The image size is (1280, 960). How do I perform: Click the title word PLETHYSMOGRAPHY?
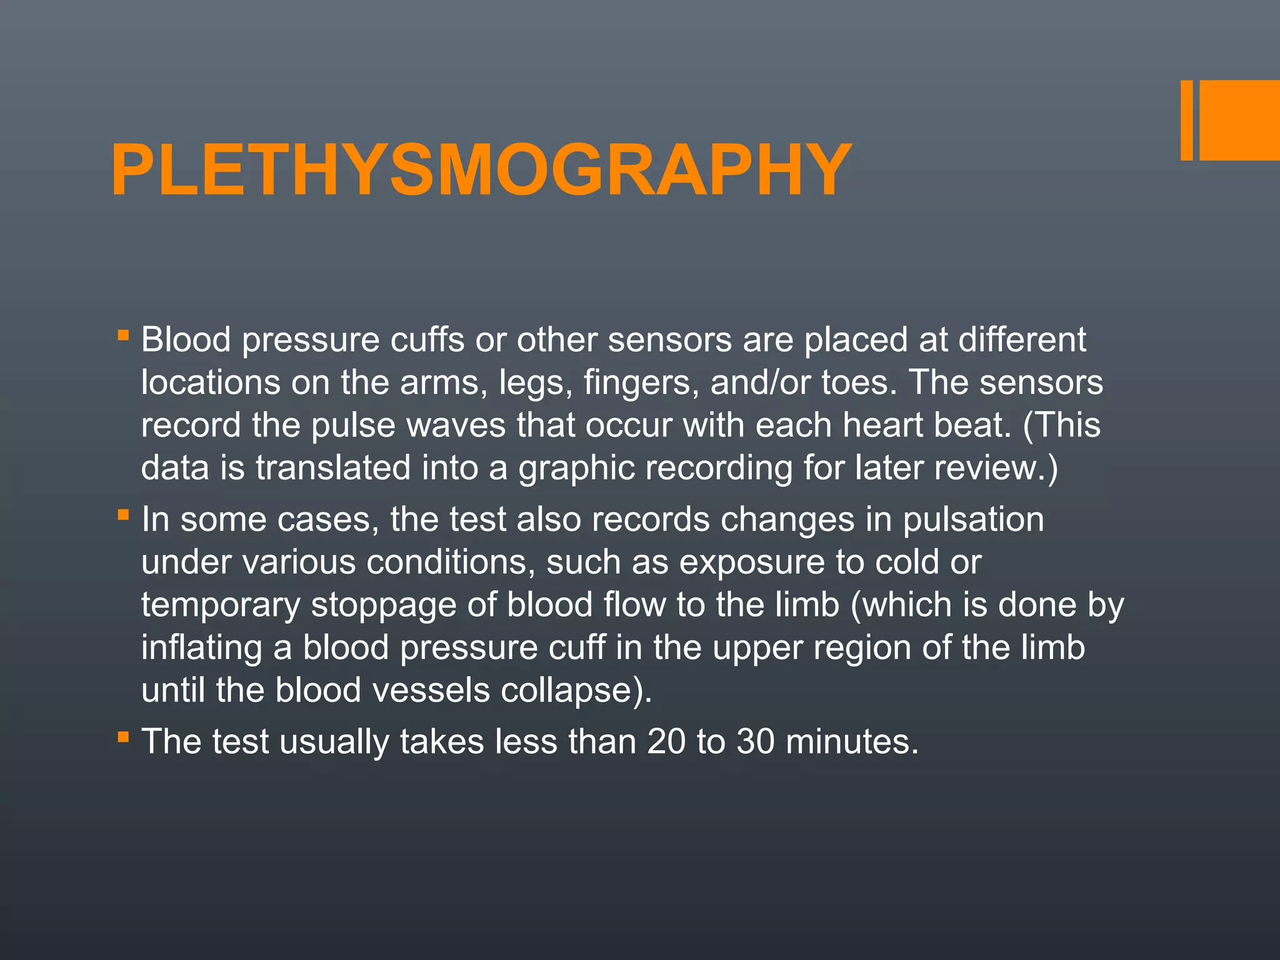coord(481,170)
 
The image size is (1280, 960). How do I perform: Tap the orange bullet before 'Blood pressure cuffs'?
coord(123,336)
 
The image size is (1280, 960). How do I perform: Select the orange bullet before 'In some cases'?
coord(123,516)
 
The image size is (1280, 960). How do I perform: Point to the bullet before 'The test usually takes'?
coord(123,737)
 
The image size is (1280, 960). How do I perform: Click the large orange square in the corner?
coord(1239,120)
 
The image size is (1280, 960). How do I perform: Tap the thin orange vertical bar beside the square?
coord(1186,120)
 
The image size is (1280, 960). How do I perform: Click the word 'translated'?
coord(333,467)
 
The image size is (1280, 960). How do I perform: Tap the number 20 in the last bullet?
coord(666,742)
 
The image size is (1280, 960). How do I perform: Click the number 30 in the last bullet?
coord(756,742)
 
